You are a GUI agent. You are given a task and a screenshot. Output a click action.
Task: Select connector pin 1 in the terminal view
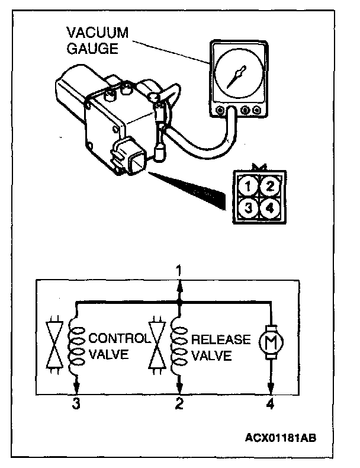tap(249, 187)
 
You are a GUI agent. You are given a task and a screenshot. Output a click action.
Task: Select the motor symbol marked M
tap(271, 341)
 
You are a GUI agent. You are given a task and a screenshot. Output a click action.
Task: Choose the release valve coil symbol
tap(179, 347)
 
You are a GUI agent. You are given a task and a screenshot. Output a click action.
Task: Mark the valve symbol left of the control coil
tap(53, 347)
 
